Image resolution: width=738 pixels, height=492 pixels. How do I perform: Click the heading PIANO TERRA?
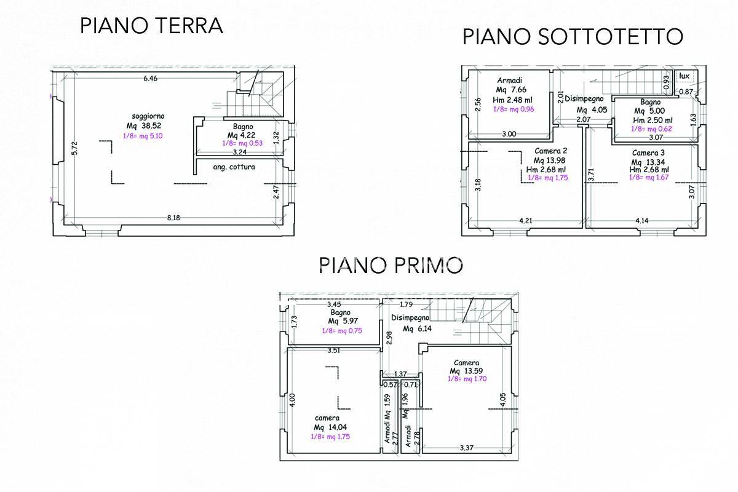point(151,26)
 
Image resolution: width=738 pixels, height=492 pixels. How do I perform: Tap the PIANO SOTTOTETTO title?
point(573,37)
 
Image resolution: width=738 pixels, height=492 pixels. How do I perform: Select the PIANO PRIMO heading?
point(391,266)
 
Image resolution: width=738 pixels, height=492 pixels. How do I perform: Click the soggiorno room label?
point(148,116)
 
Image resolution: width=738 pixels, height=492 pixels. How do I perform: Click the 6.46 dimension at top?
point(151,78)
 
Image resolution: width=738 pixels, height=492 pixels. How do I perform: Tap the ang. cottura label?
point(234,166)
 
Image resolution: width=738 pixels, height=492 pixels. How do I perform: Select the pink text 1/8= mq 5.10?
point(143,137)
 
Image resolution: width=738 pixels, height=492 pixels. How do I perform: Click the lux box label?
point(684,76)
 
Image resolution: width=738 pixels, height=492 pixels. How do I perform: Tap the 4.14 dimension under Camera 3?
point(643,220)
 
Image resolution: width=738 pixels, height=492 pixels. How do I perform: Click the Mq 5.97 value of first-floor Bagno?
point(340,321)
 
